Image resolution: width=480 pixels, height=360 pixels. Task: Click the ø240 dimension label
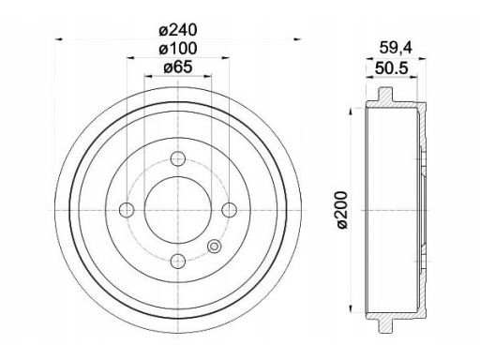[x=178, y=30]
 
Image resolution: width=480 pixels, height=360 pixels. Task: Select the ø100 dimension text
[x=178, y=49]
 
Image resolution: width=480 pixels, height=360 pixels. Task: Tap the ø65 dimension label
[x=178, y=67]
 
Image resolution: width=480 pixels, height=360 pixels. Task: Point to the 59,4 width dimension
[x=396, y=48]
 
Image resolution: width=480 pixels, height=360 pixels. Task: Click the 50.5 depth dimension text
[x=392, y=68]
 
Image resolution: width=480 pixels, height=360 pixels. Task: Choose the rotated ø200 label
[x=342, y=210]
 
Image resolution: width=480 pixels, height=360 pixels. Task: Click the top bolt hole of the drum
[x=178, y=158]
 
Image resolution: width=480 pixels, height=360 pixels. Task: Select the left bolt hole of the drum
[x=127, y=210]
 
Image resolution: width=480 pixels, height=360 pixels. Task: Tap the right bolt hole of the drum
[x=230, y=210]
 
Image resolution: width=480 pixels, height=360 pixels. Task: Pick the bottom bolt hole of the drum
[x=178, y=261]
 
